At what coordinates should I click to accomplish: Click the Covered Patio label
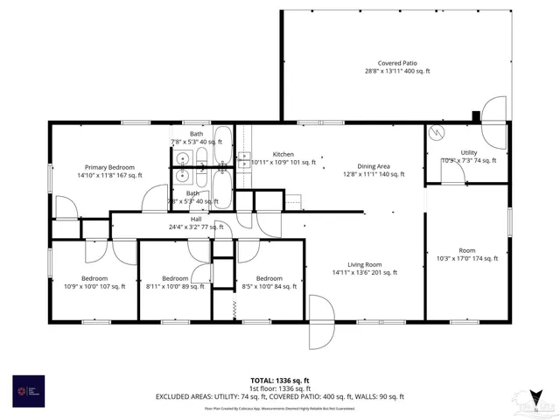395,63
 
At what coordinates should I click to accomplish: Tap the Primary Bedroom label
109,167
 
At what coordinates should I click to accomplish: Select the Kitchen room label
283,154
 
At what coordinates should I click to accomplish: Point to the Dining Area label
373,166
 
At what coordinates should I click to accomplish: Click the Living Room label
365,264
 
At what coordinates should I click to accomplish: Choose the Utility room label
469,153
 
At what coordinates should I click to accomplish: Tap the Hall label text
196,219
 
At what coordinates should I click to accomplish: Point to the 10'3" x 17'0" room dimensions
467,258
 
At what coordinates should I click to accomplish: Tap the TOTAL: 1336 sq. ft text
280,380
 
